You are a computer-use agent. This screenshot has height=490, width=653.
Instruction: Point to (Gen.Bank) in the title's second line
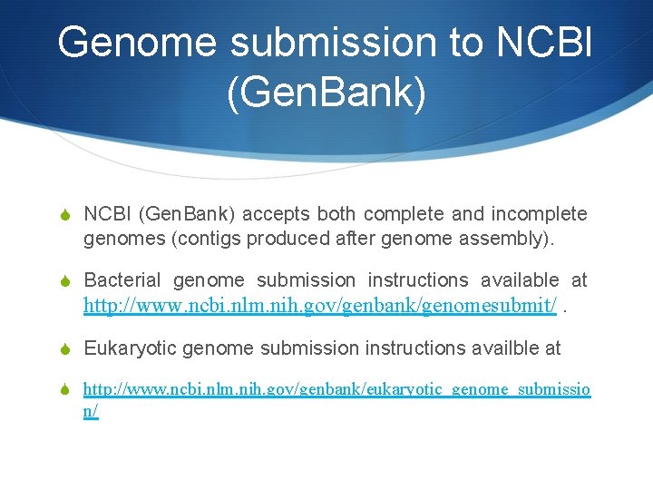point(326,95)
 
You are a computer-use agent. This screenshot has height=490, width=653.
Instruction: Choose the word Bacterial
point(122,281)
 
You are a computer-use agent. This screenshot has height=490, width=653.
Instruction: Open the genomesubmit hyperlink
point(319,307)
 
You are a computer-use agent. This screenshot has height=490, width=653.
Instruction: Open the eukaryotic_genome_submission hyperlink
point(336,390)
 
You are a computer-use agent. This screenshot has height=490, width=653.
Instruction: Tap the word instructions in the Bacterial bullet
point(417,281)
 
